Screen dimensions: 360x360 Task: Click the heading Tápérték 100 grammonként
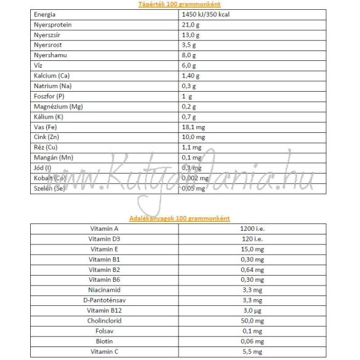pos(180,4)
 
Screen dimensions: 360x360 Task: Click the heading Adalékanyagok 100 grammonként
pos(180,218)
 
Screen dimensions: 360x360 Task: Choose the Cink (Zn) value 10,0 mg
pos(194,137)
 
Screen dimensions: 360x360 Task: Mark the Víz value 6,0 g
pos(190,65)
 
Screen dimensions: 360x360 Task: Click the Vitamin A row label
pos(103,228)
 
